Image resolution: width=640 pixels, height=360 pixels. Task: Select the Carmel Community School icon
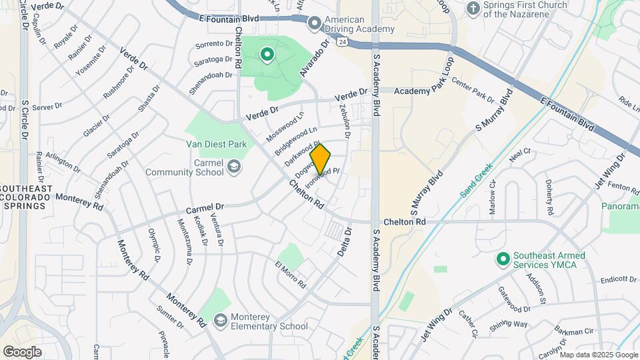(234, 165)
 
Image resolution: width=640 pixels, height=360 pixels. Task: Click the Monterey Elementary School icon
(220, 321)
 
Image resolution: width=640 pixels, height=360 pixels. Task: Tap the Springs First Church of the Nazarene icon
(473, 9)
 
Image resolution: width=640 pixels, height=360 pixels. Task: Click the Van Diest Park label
(217, 144)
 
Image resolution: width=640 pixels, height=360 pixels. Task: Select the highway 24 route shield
(341, 41)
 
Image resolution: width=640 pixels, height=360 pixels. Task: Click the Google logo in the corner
(22, 351)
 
